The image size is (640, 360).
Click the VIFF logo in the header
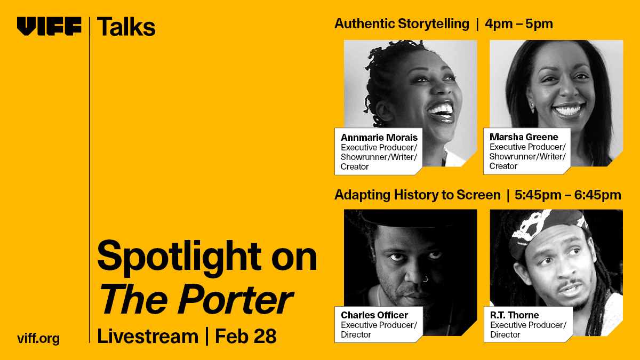pos(49,26)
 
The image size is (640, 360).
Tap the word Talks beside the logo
pos(126,26)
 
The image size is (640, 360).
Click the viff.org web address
pos(38,338)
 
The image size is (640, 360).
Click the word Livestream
pos(148,336)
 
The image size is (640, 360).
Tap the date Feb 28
pos(245,336)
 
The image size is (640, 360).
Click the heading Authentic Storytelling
pos(402,24)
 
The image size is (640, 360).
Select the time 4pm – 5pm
pos(519,24)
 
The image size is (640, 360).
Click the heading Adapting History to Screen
pos(417,195)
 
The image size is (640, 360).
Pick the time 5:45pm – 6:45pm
pos(568,195)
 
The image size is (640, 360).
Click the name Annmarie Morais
pos(379,137)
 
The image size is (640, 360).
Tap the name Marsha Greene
pos(524,137)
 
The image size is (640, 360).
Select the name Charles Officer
pos(374,315)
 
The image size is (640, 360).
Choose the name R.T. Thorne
pos(515,315)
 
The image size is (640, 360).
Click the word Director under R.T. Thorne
pos(505,334)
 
